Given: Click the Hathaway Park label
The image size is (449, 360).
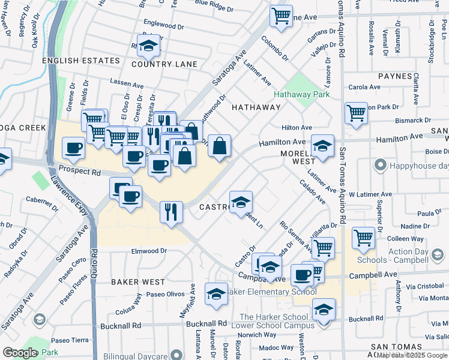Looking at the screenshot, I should tap(301, 95).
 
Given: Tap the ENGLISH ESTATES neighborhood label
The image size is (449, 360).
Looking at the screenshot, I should tap(81, 61).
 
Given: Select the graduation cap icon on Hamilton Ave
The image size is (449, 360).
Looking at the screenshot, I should tap(322, 146).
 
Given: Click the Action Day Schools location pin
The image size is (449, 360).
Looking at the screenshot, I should tap(439, 256).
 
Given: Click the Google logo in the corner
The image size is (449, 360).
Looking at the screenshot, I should tap(20, 353).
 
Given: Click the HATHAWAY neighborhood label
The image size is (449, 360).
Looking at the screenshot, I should tap(256, 107).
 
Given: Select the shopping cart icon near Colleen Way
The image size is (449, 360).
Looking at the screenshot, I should tap(364, 238).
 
